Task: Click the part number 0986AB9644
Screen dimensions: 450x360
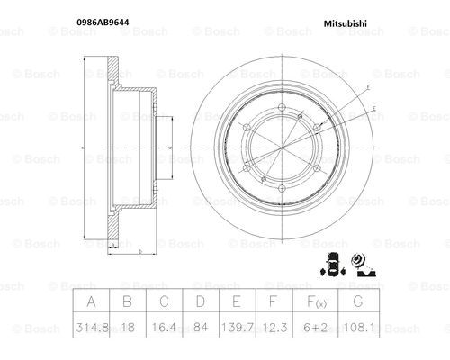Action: point(103,22)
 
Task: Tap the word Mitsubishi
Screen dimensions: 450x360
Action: point(345,23)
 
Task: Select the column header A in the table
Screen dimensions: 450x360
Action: point(91,301)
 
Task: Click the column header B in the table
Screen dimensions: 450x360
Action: point(128,301)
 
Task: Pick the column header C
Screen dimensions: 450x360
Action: point(164,301)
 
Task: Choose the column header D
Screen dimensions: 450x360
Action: point(201,301)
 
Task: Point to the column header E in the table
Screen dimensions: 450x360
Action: point(237,301)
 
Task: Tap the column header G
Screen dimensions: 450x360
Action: point(358,301)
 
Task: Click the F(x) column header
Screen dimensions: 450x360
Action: point(317,301)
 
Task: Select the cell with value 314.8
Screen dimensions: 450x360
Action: point(92,327)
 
